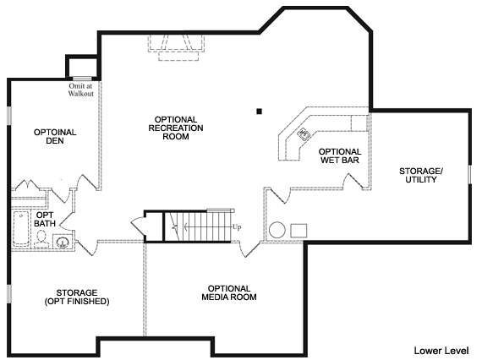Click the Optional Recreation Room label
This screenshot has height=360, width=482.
tap(176, 128)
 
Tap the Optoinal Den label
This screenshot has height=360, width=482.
tap(55, 136)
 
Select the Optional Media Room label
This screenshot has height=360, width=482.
tap(229, 292)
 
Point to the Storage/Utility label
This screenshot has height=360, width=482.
tap(421, 176)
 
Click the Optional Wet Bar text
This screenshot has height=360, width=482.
tap(340, 155)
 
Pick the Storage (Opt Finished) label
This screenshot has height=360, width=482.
tap(77, 297)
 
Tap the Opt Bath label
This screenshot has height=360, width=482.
tap(45, 220)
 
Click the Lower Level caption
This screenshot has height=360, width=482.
tap(441, 351)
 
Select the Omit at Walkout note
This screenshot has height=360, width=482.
tap(81, 90)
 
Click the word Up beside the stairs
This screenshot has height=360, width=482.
tap(237, 227)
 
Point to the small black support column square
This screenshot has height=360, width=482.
tap(259, 112)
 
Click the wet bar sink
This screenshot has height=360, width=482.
tap(304, 134)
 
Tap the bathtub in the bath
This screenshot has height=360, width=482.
tap(21, 228)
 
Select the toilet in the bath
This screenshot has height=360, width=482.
tap(41, 238)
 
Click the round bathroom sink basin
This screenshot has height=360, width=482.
tap(63, 242)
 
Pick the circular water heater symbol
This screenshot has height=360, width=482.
tap(277, 230)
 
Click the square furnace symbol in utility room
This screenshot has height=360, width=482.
tap(299, 231)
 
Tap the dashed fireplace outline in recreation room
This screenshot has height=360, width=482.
tap(176, 47)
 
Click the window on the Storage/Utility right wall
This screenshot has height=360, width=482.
tap(469, 174)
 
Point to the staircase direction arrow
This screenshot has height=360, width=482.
tap(208, 227)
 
